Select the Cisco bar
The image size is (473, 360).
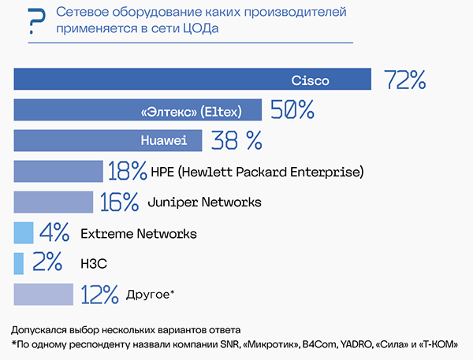192,80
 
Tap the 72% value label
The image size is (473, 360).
405,80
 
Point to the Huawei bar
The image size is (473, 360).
108,140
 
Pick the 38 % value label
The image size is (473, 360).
236,140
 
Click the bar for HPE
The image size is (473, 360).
58,171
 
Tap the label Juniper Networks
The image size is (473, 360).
204,202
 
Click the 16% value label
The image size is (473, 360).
119,202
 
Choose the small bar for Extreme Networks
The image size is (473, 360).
24,232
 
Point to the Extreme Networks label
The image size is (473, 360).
139,233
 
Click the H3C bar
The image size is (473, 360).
20,263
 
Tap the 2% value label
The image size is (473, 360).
47,263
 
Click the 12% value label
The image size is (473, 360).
99,295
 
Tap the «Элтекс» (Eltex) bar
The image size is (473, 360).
138,110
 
